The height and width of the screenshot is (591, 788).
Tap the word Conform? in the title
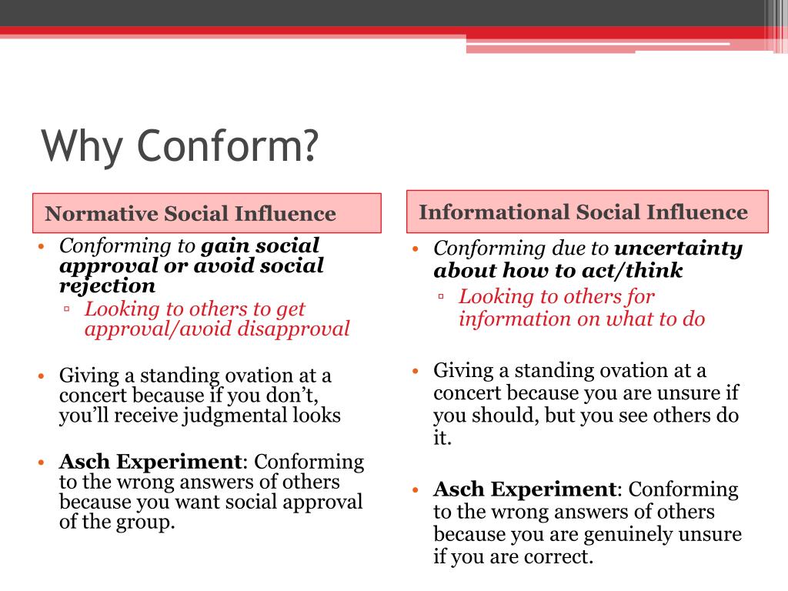tap(227, 145)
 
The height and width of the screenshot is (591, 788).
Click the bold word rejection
tap(107, 286)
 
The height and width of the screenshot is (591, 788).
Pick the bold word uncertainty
tap(678, 249)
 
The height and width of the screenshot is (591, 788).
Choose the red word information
tap(505, 319)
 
